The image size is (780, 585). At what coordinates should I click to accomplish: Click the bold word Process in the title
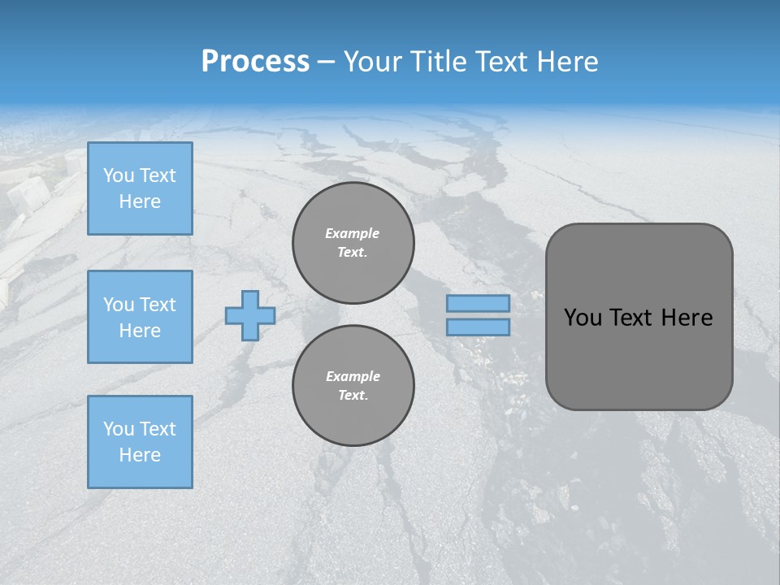pyautogui.click(x=255, y=62)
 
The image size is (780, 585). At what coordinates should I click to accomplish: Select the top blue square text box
pyautogui.click(x=140, y=188)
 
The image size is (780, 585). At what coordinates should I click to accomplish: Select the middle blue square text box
pyautogui.click(x=140, y=317)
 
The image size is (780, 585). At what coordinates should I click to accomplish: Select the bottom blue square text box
pyautogui.click(x=140, y=441)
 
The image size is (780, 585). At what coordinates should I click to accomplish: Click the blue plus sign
pyautogui.click(x=250, y=315)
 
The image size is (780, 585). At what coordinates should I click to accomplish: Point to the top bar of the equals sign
pyautogui.click(x=478, y=304)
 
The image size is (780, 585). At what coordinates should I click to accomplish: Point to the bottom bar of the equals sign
pyautogui.click(x=478, y=327)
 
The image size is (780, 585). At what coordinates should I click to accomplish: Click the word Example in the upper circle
pyautogui.click(x=353, y=233)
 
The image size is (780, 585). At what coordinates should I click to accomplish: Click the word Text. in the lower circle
pyautogui.click(x=353, y=395)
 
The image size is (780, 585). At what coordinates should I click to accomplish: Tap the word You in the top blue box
pyautogui.click(x=119, y=175)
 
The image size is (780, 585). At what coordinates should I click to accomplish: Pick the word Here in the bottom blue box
pyautogui.click(x=140, y=455)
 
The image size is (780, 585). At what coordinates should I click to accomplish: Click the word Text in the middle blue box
pyautogui.click(x=157, y=305)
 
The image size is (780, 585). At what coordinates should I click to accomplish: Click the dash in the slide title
pyautogui.click(x=326, y=62)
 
